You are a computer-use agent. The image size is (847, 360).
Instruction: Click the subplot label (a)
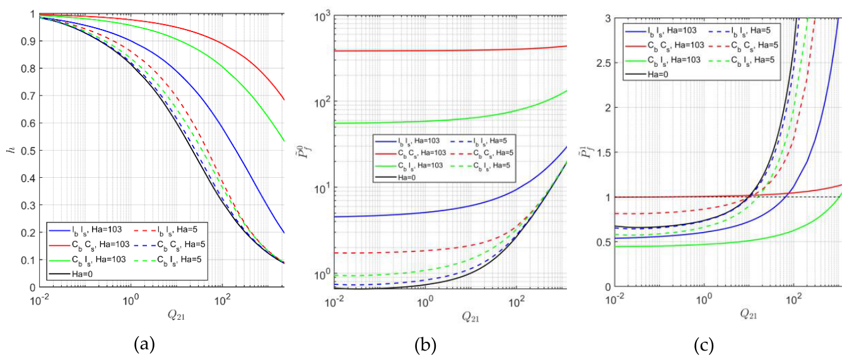[x=144, y=344]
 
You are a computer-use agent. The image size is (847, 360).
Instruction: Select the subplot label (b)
[x=425, y=344]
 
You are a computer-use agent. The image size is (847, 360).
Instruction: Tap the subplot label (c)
[x=704, y=344]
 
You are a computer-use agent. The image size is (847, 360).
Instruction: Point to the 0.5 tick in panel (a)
[x=28, y=151]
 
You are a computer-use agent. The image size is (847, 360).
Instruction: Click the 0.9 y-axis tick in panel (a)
[x=28, y=41]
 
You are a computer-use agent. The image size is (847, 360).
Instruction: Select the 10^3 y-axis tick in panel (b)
[x=322, y=17]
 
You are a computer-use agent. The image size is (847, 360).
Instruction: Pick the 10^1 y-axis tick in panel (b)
[x=322, y=188]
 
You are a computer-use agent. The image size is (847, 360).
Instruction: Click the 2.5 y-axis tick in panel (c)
[x=602, y=63]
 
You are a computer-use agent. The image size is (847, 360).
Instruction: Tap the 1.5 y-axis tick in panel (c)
[x=602, y=153]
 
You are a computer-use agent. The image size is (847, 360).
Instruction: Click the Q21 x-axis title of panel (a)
[x=176, y=315]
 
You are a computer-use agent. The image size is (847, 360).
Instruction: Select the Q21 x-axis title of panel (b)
[x=470, y=317]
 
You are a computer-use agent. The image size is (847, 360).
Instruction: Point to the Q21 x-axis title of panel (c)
[x=749, y=314]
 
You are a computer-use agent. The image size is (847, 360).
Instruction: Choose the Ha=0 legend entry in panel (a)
[x=71, y=274]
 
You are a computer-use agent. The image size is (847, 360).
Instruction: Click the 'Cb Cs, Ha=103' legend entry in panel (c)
[x=664, y=45]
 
